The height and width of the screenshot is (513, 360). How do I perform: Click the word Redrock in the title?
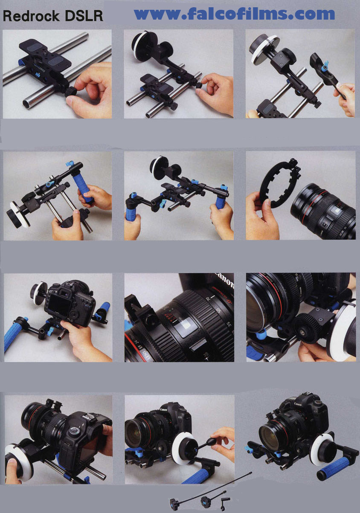point(31,16)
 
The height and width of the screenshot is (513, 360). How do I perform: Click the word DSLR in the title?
point(84,16)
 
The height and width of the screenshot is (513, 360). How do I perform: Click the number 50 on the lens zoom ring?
point(219,311)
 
